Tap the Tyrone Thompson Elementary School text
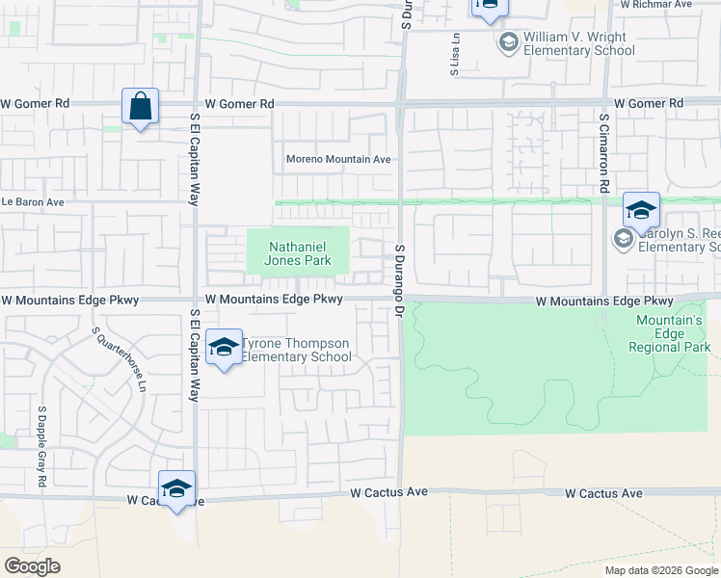pos(295,350)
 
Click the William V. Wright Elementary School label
pos(574,43)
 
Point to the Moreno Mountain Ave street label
pos(338,160)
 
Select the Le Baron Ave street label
pos(32,202)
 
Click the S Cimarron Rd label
pos(604,154)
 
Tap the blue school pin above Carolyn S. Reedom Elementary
pos(641,209)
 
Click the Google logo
pos(33,566)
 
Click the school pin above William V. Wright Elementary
pos(489,7)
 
